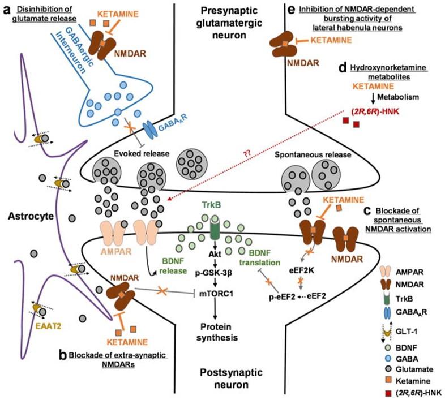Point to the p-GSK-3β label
213,273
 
